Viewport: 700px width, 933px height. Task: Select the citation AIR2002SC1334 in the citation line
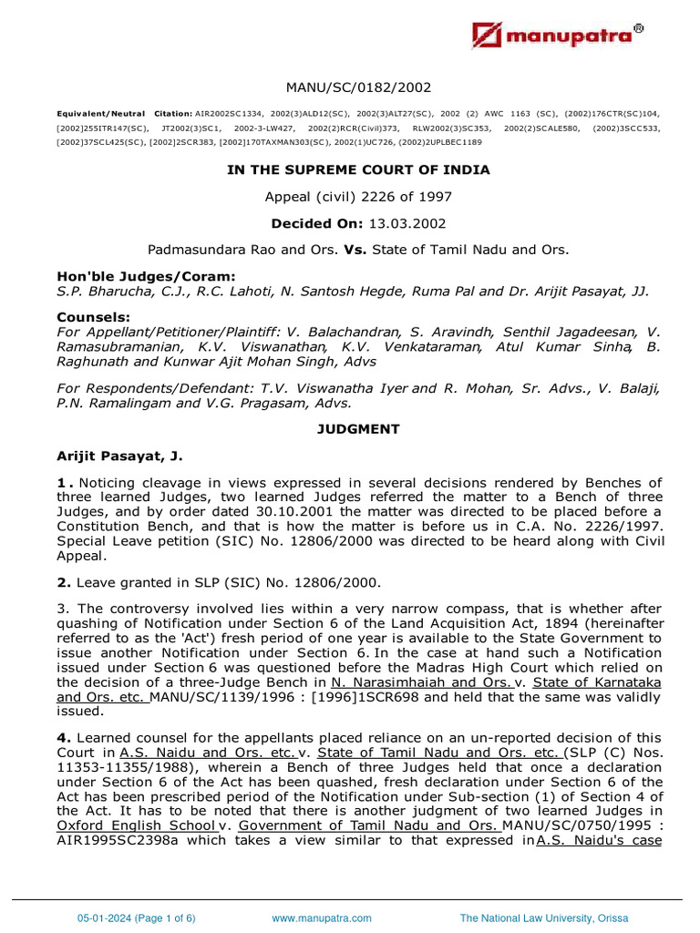228,114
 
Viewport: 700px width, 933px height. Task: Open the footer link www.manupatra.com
322,918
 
